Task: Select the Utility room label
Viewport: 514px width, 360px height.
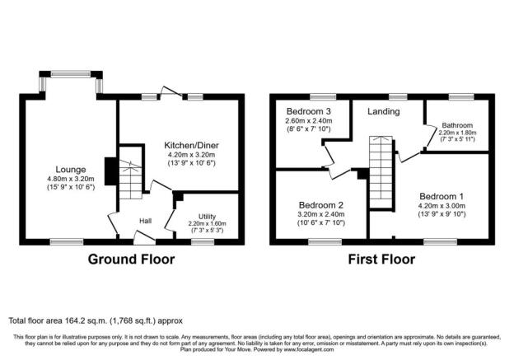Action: point(207,215)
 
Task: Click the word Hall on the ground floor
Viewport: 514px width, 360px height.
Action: point(145,221)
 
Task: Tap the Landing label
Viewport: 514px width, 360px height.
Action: point(383,111)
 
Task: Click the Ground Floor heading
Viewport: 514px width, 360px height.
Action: point(131,259)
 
